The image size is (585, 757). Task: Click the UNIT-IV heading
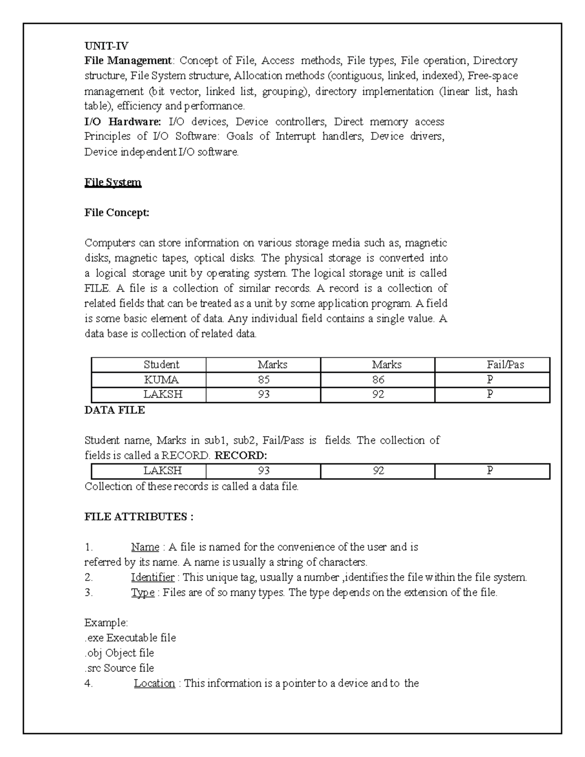[x=106, y=46]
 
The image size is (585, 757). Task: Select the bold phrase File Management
[x=128, y=61]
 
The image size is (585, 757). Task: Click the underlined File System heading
[x=113, y=183]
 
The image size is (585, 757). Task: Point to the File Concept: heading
[x=117, y=213]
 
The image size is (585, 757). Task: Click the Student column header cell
[x=161, y=365]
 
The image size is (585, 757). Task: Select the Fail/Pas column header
[x=505, y=365]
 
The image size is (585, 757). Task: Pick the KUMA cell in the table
[x=161, y=380]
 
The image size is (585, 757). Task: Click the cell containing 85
[x=264, y=380]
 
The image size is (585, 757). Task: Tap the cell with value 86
[x=378, y=380]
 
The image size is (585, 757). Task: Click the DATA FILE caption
[x=115, y=410]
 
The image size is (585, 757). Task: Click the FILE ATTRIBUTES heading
[x=139, y=517]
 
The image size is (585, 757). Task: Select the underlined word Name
[x=145, y=547]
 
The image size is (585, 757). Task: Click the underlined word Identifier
[x=153, y=578]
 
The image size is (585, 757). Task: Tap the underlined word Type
[x=142, y=593]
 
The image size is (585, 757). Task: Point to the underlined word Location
[x=154, y=683]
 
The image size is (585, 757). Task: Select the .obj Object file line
[x=119, y=653]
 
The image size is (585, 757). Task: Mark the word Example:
[x=106, y=623]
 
